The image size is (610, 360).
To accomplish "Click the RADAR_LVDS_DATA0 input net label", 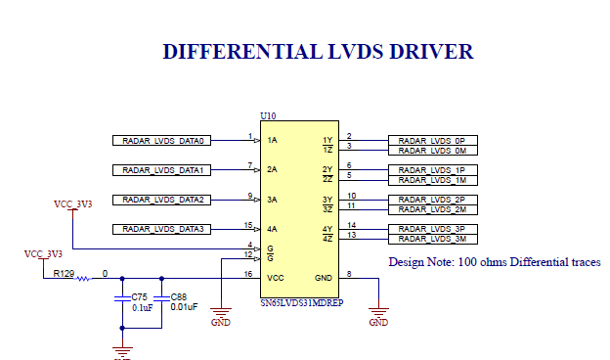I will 162,141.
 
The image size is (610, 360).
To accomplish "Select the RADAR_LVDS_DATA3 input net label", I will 162,229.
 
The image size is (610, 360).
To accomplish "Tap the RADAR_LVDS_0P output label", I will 432,141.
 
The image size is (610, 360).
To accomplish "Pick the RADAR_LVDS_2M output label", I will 432,209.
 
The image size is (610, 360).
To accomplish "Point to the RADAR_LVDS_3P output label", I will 432,229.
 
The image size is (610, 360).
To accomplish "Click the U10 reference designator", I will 268,115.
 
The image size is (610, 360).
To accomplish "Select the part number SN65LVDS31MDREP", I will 303,304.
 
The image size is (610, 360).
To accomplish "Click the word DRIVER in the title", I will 419,52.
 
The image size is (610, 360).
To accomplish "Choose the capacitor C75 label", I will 140,296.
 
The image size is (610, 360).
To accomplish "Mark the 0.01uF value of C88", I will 184,307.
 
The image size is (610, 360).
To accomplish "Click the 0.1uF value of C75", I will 141,307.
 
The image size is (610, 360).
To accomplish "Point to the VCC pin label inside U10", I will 277,278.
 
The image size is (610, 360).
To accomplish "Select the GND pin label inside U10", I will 324,278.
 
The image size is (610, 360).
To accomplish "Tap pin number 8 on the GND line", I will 349,273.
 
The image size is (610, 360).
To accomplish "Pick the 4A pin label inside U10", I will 273,229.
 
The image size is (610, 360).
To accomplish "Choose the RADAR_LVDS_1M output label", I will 432,180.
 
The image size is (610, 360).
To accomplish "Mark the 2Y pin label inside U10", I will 327,170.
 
